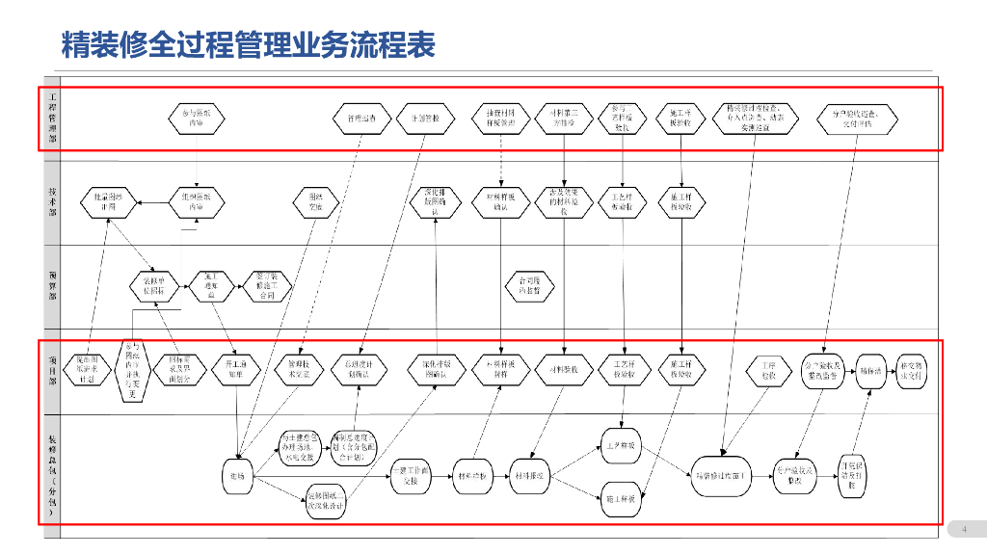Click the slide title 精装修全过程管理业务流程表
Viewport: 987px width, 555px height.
[248, 44]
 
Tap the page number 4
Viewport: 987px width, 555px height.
[964, 529]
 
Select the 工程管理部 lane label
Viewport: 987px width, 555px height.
[52, 119]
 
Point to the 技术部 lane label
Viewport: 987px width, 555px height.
[52, 201]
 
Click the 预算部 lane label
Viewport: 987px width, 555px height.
[52, 285]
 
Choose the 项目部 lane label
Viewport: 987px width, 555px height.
[52, 371]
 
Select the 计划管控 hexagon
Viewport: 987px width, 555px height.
[425, 119]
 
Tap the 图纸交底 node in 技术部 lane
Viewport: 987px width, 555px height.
[314, 201]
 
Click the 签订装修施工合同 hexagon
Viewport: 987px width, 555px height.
[265, 285]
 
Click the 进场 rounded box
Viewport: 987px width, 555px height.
[237, 475]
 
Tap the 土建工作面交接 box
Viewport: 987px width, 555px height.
[411, 475]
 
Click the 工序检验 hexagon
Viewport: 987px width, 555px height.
[767, 371]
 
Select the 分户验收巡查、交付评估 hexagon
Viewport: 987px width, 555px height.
[858, 119]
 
